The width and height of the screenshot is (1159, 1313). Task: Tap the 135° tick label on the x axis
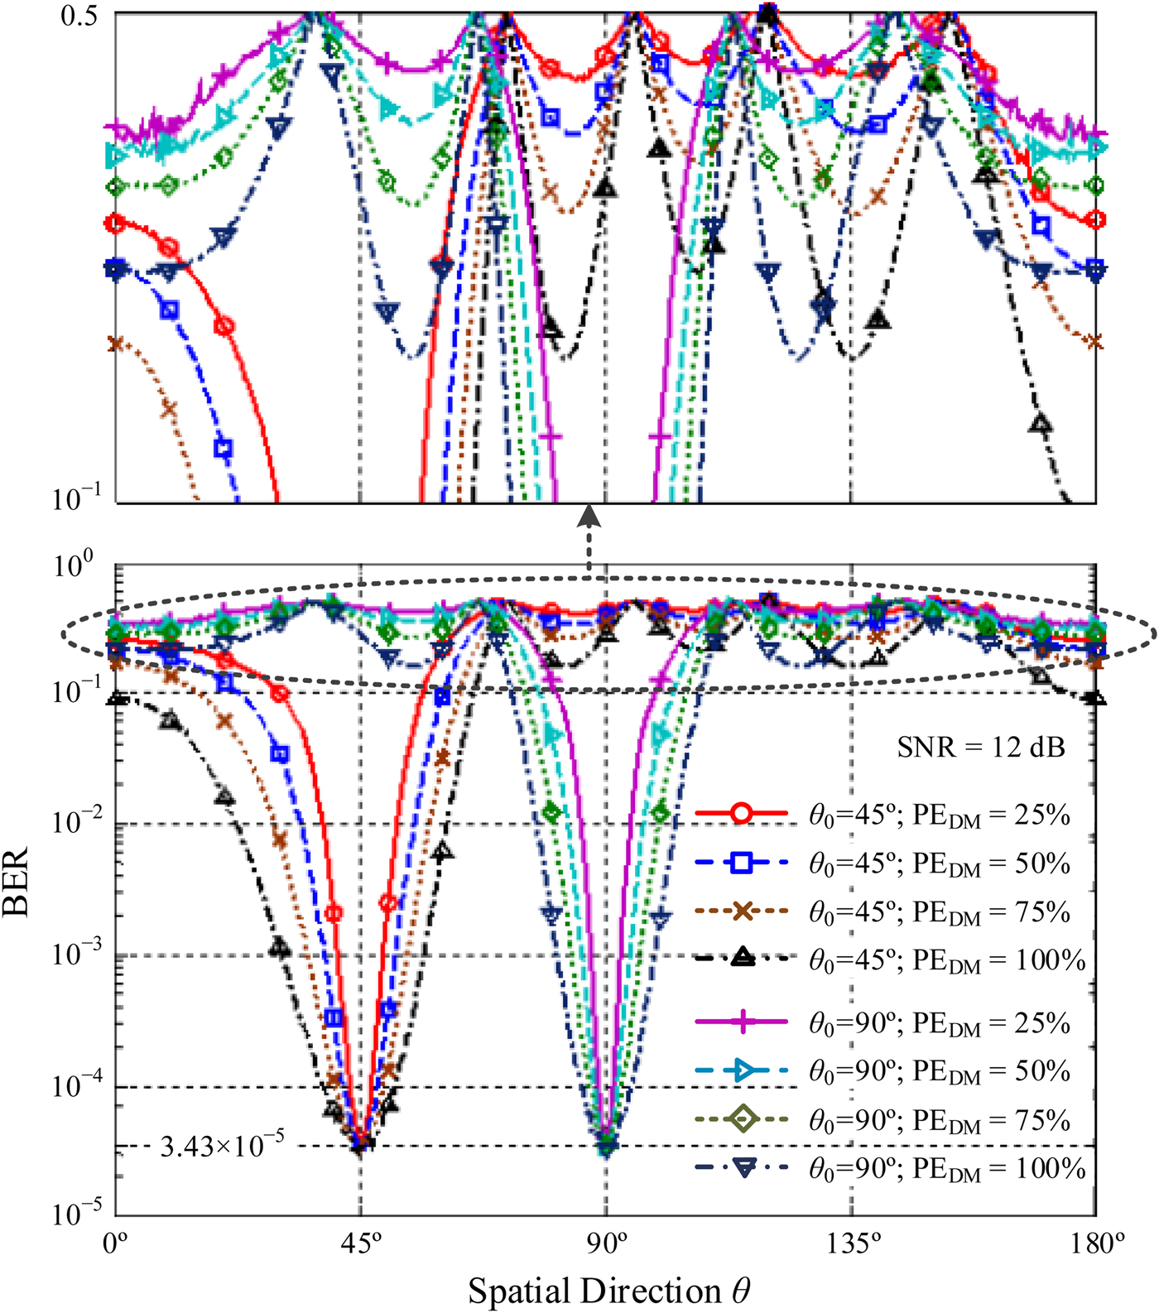click(x=850, y=1244)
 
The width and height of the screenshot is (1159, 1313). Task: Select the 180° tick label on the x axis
click(x=1095, y=1244)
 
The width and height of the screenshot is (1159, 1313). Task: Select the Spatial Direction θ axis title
click(x=609, y=1290)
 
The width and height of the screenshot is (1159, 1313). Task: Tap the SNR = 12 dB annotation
click(x=981, y=748)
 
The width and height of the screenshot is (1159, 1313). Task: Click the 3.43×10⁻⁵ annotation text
click(x=222, y=1146)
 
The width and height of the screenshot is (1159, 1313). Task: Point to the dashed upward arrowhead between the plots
click(x=589, y=516)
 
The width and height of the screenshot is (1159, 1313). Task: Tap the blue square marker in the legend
click(x=742, y=863)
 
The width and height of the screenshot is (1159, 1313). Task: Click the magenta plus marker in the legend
click(x=742, y=1023)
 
